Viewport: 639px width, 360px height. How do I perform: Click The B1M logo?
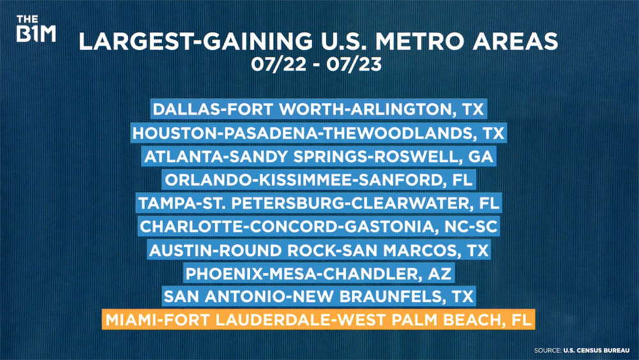36,29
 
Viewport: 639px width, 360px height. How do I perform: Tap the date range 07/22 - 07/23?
316,64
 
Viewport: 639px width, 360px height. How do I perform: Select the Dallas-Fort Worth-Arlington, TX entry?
319,109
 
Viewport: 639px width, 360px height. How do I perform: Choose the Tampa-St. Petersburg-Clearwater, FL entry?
319,203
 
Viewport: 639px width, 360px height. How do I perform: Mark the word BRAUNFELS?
390,297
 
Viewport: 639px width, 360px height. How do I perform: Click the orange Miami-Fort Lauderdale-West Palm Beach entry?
318,320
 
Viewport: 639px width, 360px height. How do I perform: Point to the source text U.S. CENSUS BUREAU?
596,350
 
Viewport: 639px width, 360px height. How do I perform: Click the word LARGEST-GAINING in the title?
196,41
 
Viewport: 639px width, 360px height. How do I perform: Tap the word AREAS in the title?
515,41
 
